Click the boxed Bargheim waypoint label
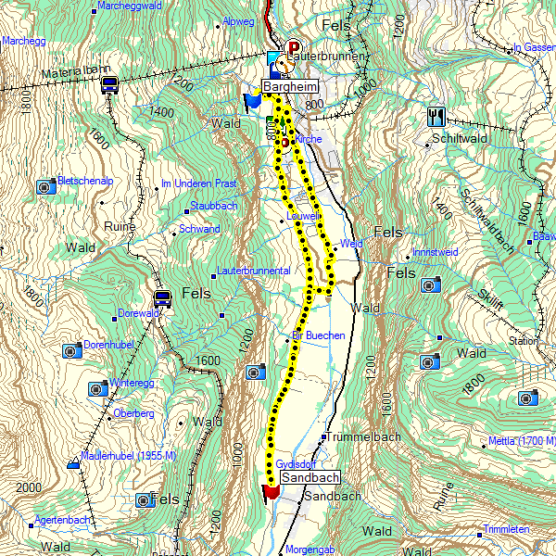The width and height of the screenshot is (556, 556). pyautogui.click(x=290, y=86)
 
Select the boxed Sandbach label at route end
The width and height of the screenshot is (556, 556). pyautogui.click(x=305, y=476)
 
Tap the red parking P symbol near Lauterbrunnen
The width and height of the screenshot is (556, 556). pyautogui.click(x=295, y=47)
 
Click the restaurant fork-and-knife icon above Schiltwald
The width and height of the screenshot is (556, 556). pyautogui.click(x=436, y=117)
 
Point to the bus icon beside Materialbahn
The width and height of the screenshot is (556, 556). pyautogui.click(x=109, y=85)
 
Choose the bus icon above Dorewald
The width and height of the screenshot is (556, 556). pyautogui.click(x=162, y=298)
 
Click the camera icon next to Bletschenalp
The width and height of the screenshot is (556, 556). pyautogui.click(x=44, y=187)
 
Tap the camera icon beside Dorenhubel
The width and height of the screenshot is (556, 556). pyautogui.click(x=70, y=351)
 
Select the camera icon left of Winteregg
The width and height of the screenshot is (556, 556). pyautogui.click(x=97, y=388)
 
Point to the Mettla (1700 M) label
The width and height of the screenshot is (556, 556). pyautogui.click(x=523, y=440)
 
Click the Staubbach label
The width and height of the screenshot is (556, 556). pyautogui.click(x=213, y=205)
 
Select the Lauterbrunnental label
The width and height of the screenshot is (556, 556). pyautogui.click(x=253, y=271)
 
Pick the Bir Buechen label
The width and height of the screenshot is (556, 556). pyautogui.click(x=318, y=335)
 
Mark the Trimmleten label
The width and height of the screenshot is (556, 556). pyautogui.click(x=506, y=529)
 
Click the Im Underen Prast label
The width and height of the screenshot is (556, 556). pyautogui.click(x=198, y=183)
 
